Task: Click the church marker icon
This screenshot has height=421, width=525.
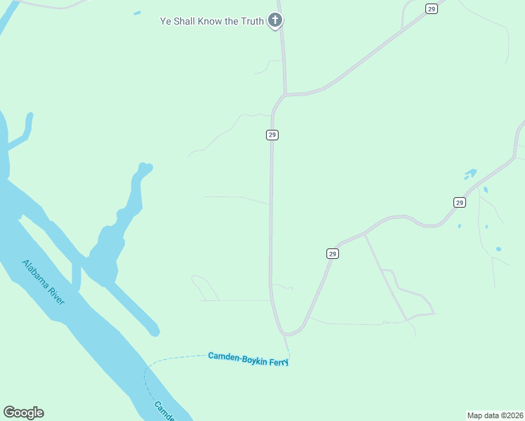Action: click(x=275, y=20)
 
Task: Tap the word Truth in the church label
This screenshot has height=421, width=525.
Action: click(x=251, y=21)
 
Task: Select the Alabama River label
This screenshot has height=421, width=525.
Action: click(x=44, y=282)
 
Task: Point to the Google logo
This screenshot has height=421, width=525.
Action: click(x=23, y=413)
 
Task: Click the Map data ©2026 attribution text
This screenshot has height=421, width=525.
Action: click(x=494, y=415)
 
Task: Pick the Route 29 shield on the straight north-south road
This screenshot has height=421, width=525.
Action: click(x=272, y=135)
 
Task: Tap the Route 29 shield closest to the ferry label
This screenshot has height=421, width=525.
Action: click(x=332, y=253)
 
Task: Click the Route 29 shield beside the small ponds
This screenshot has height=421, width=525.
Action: click(x=459, y=202)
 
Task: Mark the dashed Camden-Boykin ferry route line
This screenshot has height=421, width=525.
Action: click(x=175, y=359)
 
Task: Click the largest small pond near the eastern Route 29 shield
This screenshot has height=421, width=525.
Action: click(x=470, y=173)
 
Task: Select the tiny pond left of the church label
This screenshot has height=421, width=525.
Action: click(x=137, y=13)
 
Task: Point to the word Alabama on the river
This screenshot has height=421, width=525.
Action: click(x=36, y=274)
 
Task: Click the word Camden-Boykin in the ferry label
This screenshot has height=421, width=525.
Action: click(x=235, y=356)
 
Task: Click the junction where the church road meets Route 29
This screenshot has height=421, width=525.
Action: click(x=286, y=93)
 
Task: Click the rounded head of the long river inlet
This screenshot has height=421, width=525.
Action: click(x=145, y=168)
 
